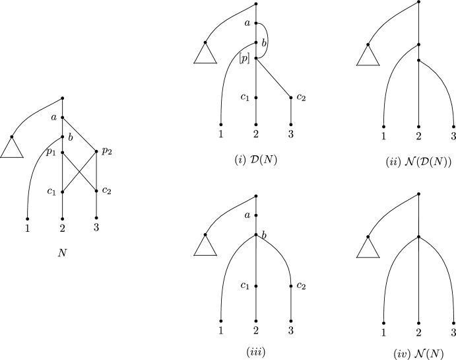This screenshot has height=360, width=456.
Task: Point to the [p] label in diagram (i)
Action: click(x=245, y=59)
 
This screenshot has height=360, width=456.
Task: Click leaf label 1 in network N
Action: click(x=27, y=229)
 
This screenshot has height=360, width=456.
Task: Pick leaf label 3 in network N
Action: click(x=97, y=229)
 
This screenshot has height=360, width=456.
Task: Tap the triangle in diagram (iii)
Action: click(x=205, y=246)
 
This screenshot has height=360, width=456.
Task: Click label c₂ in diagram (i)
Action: click(x=302, y=98)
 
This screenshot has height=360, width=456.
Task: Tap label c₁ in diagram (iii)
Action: click(x=245, y=285)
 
